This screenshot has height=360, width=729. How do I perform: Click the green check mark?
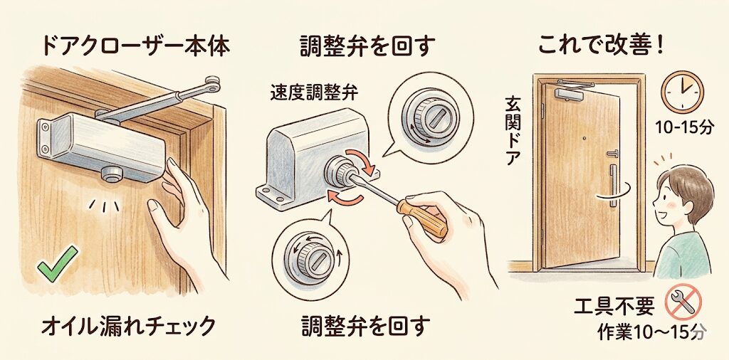[x=57, y=264]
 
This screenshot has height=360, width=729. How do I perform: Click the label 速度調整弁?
[x=314, y=93]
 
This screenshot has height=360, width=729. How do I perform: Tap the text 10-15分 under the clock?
[x=684, y=128]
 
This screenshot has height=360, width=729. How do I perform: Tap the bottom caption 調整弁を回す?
[x=365, y=326]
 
